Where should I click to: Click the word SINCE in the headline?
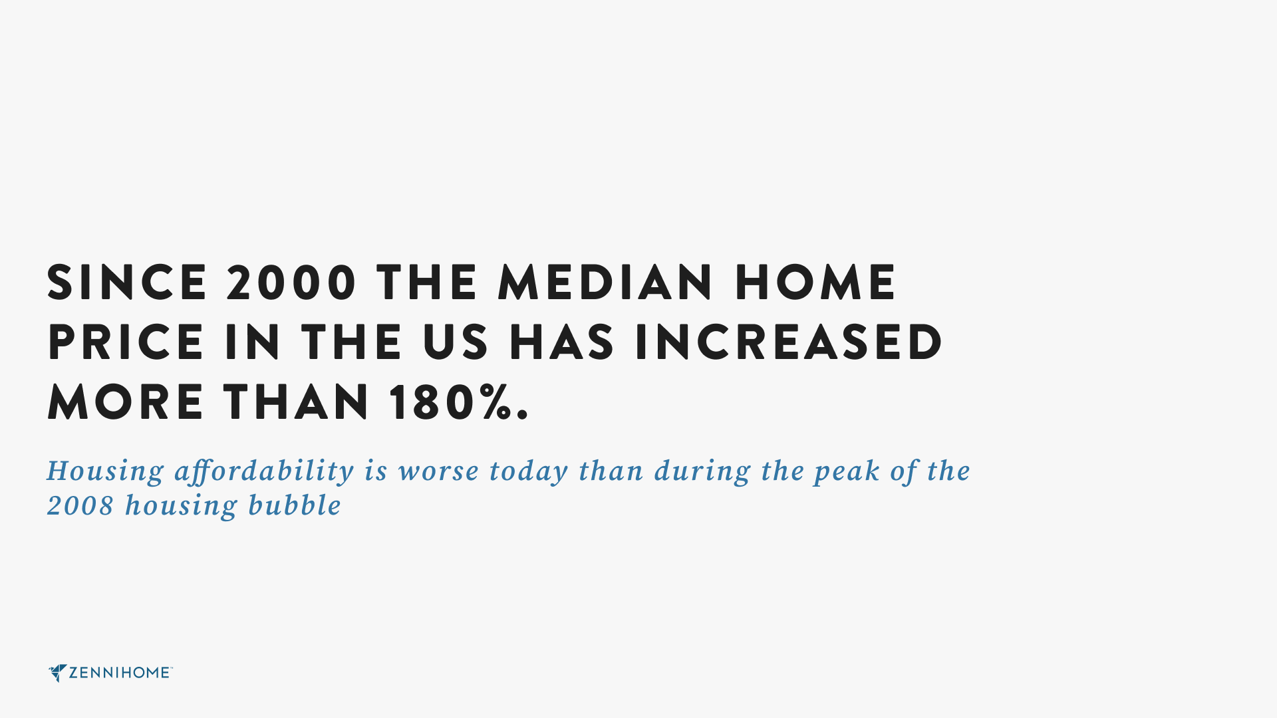click(x=127, y=283)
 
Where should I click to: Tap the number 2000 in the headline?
click(x=292, y=283)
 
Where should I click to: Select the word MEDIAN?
click(x=605, y=283)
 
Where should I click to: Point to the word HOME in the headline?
click(x=815, y=283)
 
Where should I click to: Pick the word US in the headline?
click(x=456, y=342)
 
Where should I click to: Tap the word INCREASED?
click(x=789, y=342)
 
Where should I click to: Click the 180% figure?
click(x=459, y=402)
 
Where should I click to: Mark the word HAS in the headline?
click(x=562, y=342)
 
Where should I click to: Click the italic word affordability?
click(x=264, y=471)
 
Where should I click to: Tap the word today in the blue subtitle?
click(x=529, y=472)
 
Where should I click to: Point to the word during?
click(x=703, y=472)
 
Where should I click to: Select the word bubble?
click(x=295, y=506)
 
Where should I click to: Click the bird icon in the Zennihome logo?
click(x=57, y=673)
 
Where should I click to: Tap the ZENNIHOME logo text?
click(x=120, y=673)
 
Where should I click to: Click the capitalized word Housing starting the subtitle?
click(x=105, y=472)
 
